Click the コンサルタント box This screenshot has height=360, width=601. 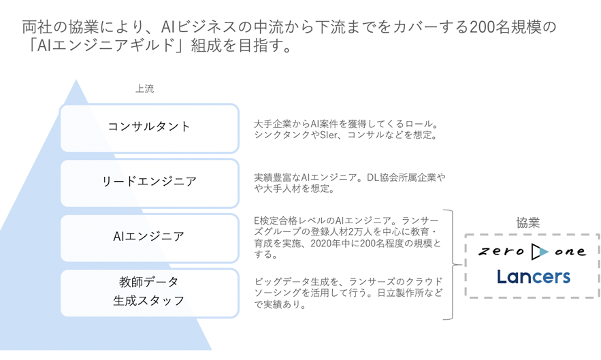coord(150,128)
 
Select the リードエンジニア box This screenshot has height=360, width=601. coord(150,183)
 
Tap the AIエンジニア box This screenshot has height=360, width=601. coord(150,238)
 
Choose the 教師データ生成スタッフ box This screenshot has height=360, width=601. coord(150,293)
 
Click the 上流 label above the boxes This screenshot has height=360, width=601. coord(144,89)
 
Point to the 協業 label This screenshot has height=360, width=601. coord(527,223)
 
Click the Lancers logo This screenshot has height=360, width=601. coord(534,277)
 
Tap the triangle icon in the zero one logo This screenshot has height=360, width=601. coord(540,252)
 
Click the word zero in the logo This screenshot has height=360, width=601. coord(502,252)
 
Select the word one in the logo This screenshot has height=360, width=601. coord(570,252)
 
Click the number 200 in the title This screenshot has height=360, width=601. coord(481,27)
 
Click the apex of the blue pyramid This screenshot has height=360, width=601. coord(76,80)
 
